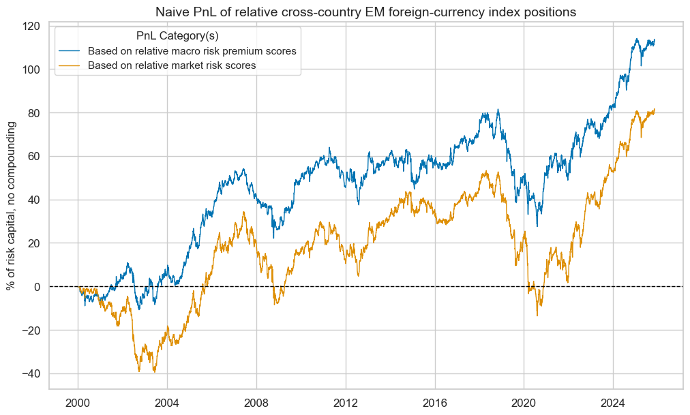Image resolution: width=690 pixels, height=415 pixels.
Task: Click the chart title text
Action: pyautogui.click(x=365, y=12)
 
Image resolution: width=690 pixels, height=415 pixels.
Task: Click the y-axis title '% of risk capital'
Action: pyautogui.click(x=12, y=206)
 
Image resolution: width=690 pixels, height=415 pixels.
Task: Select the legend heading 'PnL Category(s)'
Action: pyautogui.click(x=177, y=36)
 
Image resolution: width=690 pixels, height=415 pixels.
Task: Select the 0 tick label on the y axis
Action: pyautogui.click(x=38, y=287)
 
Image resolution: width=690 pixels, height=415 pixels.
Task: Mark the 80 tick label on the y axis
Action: pyautogui.click(x=35, y=113)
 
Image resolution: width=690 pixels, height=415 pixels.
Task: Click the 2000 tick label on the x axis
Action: pyautogui.click(x=78, y=401)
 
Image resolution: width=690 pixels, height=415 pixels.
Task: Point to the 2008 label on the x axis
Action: pyautogui.click(x=256, y=401)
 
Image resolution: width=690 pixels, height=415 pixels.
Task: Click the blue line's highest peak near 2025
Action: pyautogui.click(x=636, y=39)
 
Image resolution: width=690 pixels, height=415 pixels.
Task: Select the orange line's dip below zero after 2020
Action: pyautogui.click(x=537, y=315)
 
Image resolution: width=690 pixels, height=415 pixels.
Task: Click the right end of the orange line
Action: pyautogui.click(x=655, y=110)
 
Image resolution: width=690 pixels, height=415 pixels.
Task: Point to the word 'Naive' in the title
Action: pyautogui.click(x=171, y=12)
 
